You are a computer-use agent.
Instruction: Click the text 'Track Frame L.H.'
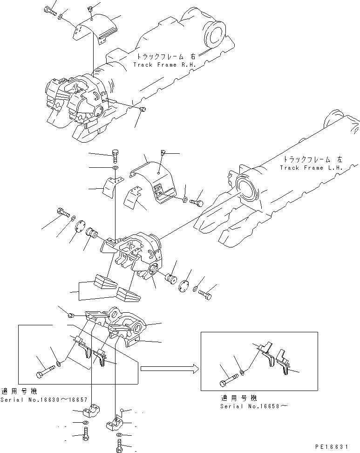[x=311, y=167]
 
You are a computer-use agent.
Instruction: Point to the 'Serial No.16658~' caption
[x=254, y=406]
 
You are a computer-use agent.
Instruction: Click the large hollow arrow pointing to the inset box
[x=170, y=369]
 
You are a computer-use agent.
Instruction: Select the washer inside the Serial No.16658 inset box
[x=242, y=372]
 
